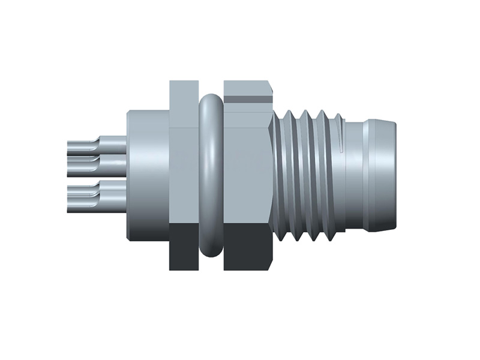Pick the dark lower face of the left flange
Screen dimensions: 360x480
(x=183, y=246)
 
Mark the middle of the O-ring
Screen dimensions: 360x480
(x=211, y=174)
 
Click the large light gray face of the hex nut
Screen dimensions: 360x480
(x=246, y=168)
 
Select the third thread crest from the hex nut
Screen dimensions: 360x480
(x=322, y=174)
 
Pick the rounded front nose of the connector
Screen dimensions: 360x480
(x=387, y=174)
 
